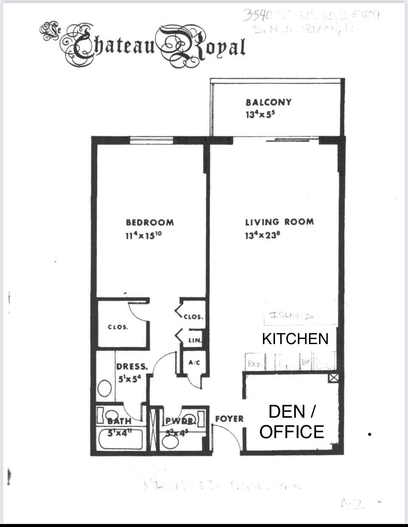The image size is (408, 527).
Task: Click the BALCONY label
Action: pos(268,102)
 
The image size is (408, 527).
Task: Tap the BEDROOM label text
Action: pos(150,222)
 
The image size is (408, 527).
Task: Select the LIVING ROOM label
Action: pos(279,222)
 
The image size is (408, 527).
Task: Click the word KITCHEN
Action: pos(295,339)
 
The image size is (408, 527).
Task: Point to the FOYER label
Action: pos(229,419)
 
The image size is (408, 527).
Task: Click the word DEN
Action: pos(287,412)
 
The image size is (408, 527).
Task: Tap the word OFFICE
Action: pos(292,431)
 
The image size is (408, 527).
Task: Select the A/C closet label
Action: pos(194,363)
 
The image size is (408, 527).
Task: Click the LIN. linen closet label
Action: pos(195,340)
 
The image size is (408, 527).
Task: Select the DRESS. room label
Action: pos(132,366)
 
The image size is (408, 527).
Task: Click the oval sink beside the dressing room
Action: pos(104,388)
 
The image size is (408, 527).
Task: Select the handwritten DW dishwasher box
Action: pos(306,362)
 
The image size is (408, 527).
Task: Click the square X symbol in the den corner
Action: pos(334,378)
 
